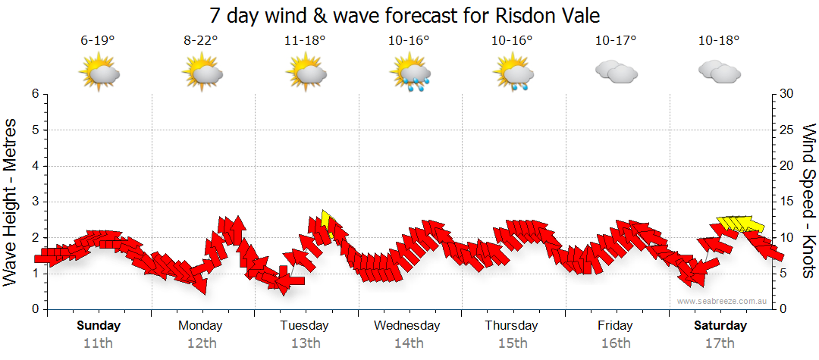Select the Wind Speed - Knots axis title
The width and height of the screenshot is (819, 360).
(x=808, y=201)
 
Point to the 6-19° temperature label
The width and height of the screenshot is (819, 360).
(x=98, y=41)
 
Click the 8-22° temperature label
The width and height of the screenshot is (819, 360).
(x=201, y=41)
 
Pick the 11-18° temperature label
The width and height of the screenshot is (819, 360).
(x=305, y=41)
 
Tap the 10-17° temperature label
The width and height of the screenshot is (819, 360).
(x=615, y=41)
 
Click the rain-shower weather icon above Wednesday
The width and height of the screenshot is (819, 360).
(x=409, y=74)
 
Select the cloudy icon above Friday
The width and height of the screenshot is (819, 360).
(x=616, y=73)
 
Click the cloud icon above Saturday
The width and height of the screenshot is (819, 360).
(x=719, y=73)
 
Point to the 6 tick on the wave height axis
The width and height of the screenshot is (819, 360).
(x=34, y=94)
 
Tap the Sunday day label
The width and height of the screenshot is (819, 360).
(x=98, y=326)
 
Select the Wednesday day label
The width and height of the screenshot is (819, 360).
(x=407, y=326)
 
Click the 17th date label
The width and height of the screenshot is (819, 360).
(x=720, y=343)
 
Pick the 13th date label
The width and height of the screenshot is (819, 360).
(x=305, y=343)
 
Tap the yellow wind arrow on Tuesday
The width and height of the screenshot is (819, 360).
(x=328, y=222)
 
